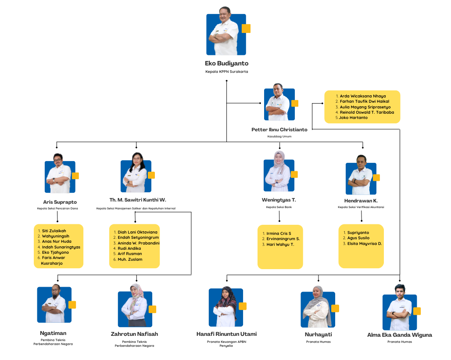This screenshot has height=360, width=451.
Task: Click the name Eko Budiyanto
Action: click(x=226, y=63)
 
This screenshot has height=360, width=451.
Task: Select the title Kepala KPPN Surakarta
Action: click(x=226, y=72)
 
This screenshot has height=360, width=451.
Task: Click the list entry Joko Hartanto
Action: click(x=353, y=118)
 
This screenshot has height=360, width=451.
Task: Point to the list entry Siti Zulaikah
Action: click(x=54, y=230)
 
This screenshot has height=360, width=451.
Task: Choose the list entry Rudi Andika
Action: click(x=129, y=248)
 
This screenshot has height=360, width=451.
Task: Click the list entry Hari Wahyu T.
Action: click(x=280, y=245)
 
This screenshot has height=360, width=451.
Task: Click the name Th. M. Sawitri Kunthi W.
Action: click(x=138, y=200)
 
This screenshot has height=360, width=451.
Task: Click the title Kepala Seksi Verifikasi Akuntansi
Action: click(x=361, y=207)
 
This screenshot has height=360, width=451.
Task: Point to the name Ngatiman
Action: click(x=53, y=333)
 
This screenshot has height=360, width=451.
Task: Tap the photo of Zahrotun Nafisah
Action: click(x=135, y=309)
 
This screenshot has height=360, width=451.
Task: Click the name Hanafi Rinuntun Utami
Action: click(x=226, y=334)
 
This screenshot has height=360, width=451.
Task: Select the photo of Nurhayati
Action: click(x=318, y=309)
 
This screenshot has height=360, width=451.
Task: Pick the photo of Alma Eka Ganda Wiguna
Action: click(x=399, y=312)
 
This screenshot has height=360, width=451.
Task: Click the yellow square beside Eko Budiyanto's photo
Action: click(x=246, y=29)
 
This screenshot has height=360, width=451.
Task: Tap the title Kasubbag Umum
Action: click(x=279, y=137)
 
